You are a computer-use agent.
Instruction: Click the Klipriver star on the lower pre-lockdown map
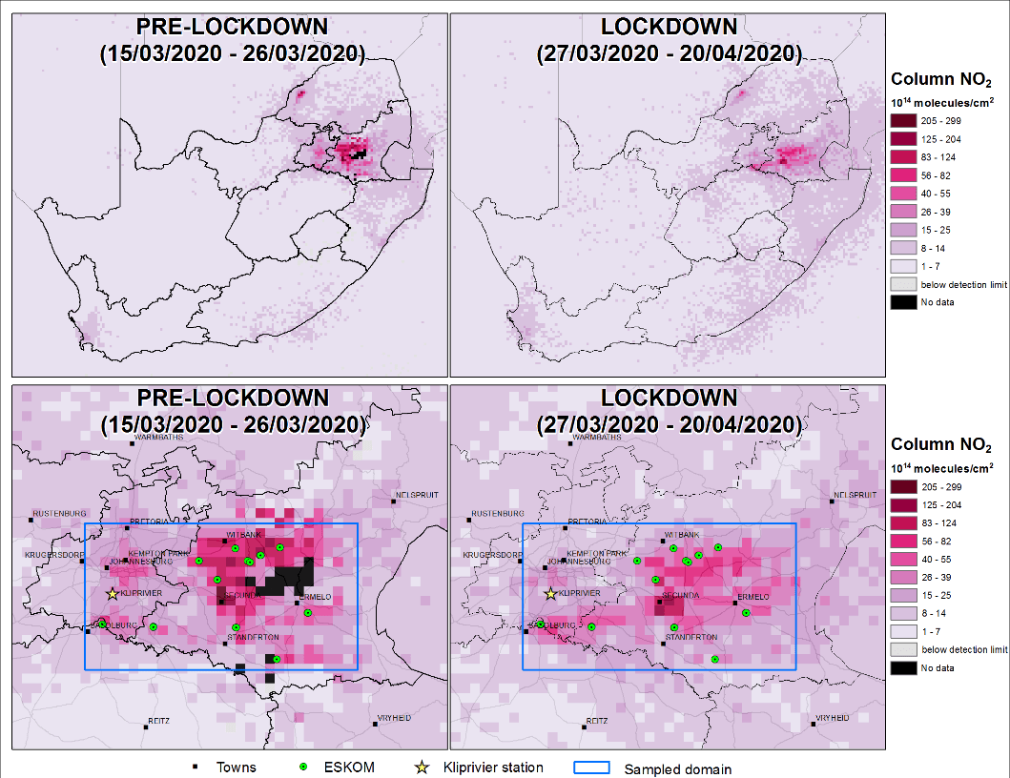(x=113, y=593)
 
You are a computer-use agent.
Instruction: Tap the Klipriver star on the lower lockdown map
(x=550, y=593)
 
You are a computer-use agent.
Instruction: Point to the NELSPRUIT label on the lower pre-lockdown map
(x=413, y=496)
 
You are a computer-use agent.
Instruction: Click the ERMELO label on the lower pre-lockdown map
(x=316, y=597)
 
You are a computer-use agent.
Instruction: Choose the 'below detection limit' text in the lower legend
(x=964, y=649)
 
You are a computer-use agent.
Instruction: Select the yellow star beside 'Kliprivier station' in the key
(x=422, y=767)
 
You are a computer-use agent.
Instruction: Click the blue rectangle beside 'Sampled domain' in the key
(x=591, y=767)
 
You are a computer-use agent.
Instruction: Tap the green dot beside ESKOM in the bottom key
(x=304, y=767)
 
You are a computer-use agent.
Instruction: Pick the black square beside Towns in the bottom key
(x=196, y=768)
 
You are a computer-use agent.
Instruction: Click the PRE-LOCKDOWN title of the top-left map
(x=231, y=28)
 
